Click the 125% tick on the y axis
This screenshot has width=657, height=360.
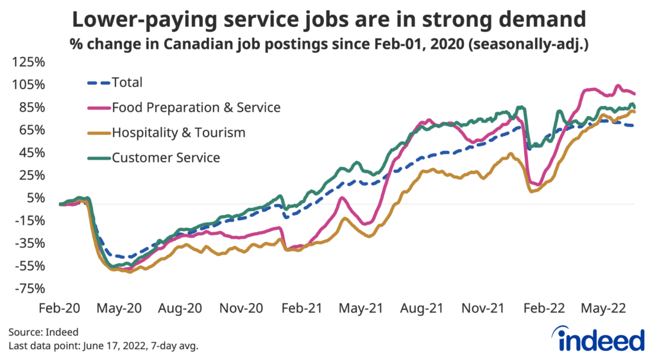(27, 62)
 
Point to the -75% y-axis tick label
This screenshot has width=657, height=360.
(27, 288)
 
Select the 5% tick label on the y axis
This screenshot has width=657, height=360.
(32, 198)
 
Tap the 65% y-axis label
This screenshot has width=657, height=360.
(30, 130)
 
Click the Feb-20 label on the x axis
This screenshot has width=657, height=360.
(59, 308)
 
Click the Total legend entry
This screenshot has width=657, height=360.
(127, 82)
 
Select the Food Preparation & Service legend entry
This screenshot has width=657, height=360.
(196, 107)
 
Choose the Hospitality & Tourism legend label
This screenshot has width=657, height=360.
(178, 133)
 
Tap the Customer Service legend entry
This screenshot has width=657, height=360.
(166, 157)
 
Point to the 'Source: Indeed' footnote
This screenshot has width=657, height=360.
(44, 332)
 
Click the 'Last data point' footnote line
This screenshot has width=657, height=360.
(103, 347)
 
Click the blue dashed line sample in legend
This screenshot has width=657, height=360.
(98, 82)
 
